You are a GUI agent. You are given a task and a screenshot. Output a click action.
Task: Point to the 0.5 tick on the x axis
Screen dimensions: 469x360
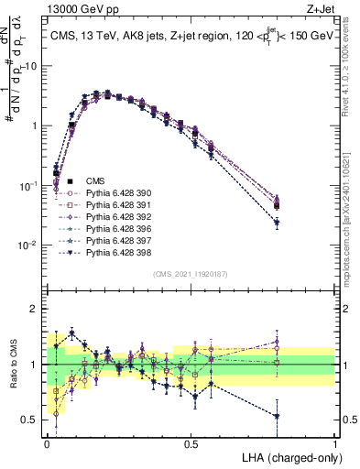point(191,443)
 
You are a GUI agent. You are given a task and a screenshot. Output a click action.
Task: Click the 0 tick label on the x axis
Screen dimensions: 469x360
point(48,443)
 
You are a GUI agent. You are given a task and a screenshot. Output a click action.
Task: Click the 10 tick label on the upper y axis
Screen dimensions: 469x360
point(30,66)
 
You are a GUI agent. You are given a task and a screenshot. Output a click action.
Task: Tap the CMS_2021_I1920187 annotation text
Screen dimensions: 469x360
point(191,274)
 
